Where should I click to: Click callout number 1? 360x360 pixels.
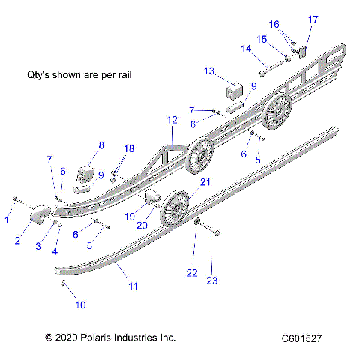[x=7, y=220]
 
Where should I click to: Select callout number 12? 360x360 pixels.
[x=172, y=120]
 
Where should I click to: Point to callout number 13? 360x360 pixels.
[x=209, y=70]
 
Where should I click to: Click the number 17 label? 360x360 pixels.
[x=313, y=19]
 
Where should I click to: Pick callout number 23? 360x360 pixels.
[x=212, y=280]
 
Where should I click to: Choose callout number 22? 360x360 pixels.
[x=193, y=271]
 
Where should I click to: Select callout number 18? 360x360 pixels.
[x=129, y=150]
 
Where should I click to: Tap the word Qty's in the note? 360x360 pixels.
[x=37, y=75]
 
